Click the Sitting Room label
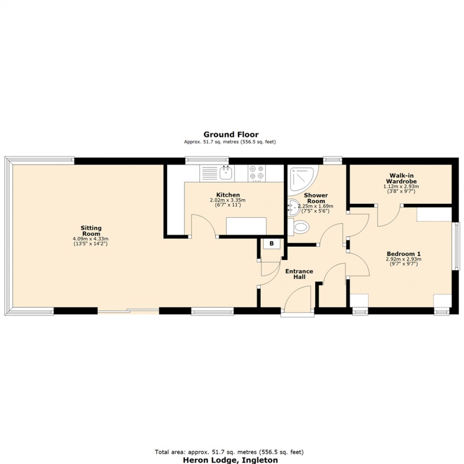pos(90,231)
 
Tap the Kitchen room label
pos(228,195)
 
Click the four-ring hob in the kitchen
pos(257,173)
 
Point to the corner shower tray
pos(301,180)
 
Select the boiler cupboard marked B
pos(271,244)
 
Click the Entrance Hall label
pos(299,274)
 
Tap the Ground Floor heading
pos(231,134)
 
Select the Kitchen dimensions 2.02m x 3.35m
pos(227,203)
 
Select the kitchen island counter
pos(246,226)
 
